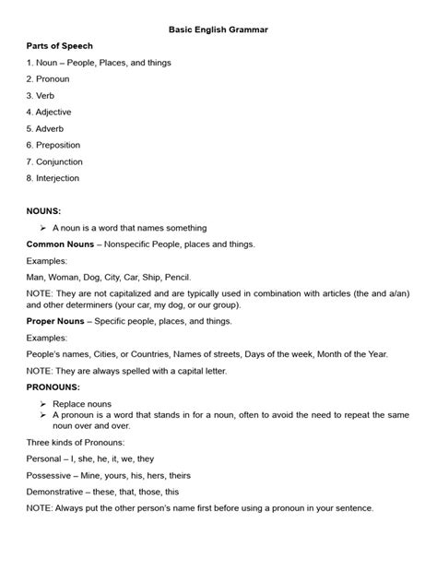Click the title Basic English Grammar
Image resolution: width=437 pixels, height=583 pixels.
click(218, 30)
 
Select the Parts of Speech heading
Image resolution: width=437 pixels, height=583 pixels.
click(60, 45)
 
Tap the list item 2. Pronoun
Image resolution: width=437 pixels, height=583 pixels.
click(48, 78)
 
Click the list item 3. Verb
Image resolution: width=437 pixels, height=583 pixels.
click(41, 95)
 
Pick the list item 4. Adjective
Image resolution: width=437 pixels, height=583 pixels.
click(49, 112)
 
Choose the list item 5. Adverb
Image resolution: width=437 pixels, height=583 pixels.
click(45, 128)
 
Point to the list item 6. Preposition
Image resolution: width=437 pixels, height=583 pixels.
click(53, 145)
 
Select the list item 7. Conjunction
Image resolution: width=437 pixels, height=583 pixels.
click(54, 161)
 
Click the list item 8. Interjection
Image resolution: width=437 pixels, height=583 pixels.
click(53, 177)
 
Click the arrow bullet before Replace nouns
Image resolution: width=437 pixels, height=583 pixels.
click(43, 404)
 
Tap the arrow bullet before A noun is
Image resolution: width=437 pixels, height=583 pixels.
click(43, 227)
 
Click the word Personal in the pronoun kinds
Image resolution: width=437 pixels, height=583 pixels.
click(45, 458)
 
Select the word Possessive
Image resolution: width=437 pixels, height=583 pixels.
click(50, 475)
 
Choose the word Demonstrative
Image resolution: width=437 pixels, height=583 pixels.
click(58, 492)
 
